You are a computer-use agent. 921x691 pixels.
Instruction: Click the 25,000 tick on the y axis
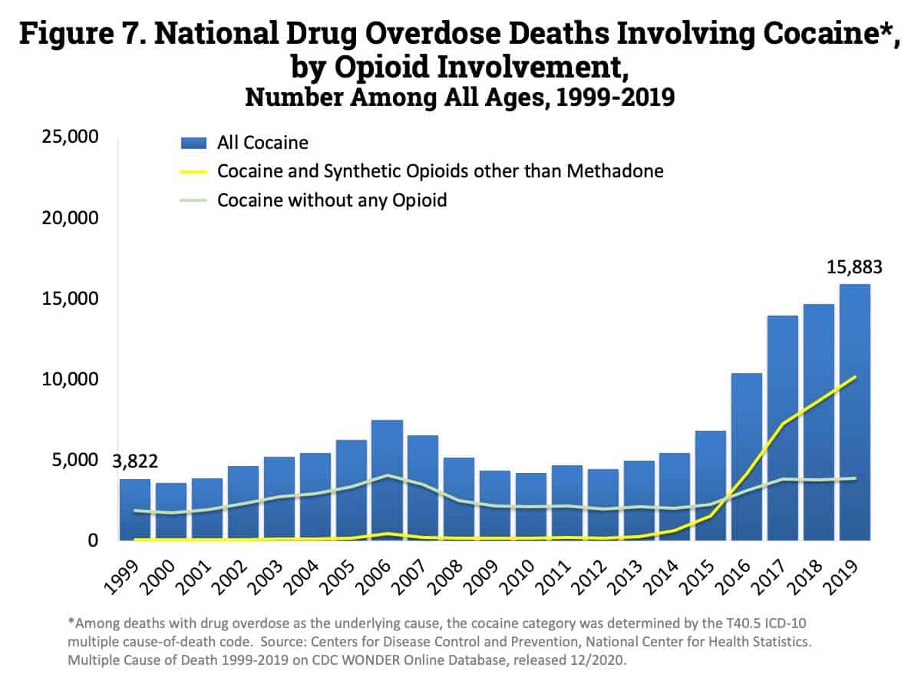pos(68,137)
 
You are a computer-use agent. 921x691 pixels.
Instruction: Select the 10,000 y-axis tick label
pos(68,379)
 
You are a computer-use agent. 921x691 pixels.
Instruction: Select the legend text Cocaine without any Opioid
pos(332,200)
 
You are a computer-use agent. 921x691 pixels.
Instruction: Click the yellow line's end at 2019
pos(855,377)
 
